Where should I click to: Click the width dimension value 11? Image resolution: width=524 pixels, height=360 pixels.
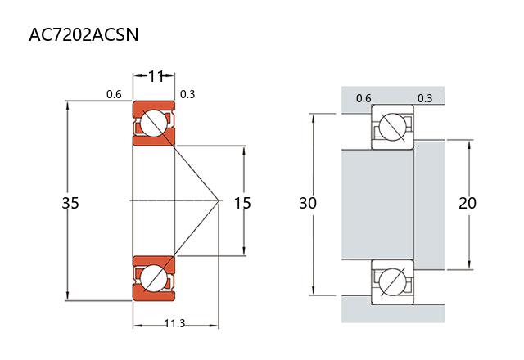point(155,76)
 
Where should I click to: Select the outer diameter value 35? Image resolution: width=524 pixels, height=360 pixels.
point(70,202)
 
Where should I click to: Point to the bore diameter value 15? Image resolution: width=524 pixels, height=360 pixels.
point(242,202)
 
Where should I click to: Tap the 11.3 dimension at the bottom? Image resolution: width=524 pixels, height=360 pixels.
point(174,324)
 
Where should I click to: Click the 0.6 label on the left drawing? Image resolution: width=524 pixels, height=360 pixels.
point(114,94)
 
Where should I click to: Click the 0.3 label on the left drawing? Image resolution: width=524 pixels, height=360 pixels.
point(187,94)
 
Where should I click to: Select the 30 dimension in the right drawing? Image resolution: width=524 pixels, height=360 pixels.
point(307,202)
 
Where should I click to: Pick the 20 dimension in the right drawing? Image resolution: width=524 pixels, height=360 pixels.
point(468,202)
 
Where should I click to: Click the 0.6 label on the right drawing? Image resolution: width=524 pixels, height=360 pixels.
point(364,98)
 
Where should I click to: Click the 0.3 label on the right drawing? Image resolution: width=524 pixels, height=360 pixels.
point(425,98)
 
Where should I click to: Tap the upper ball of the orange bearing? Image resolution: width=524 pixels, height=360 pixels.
point(153,124)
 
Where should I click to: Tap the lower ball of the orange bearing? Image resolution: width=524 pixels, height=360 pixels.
point(153,277)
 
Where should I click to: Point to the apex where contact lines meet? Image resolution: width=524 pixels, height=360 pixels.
point(219,200)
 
